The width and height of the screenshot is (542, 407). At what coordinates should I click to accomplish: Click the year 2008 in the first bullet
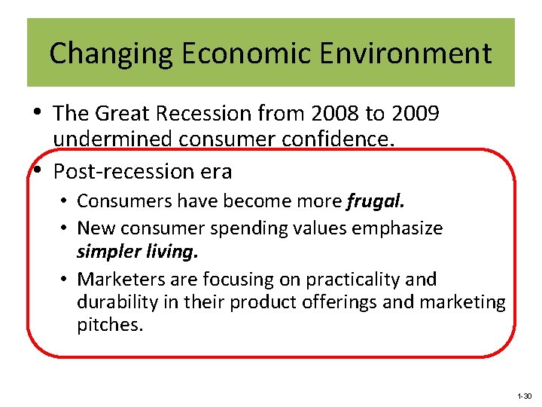click(332, 114)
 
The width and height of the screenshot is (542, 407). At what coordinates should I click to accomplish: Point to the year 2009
click(413, 114)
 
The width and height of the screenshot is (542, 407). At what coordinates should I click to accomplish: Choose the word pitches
click(109, 326)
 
